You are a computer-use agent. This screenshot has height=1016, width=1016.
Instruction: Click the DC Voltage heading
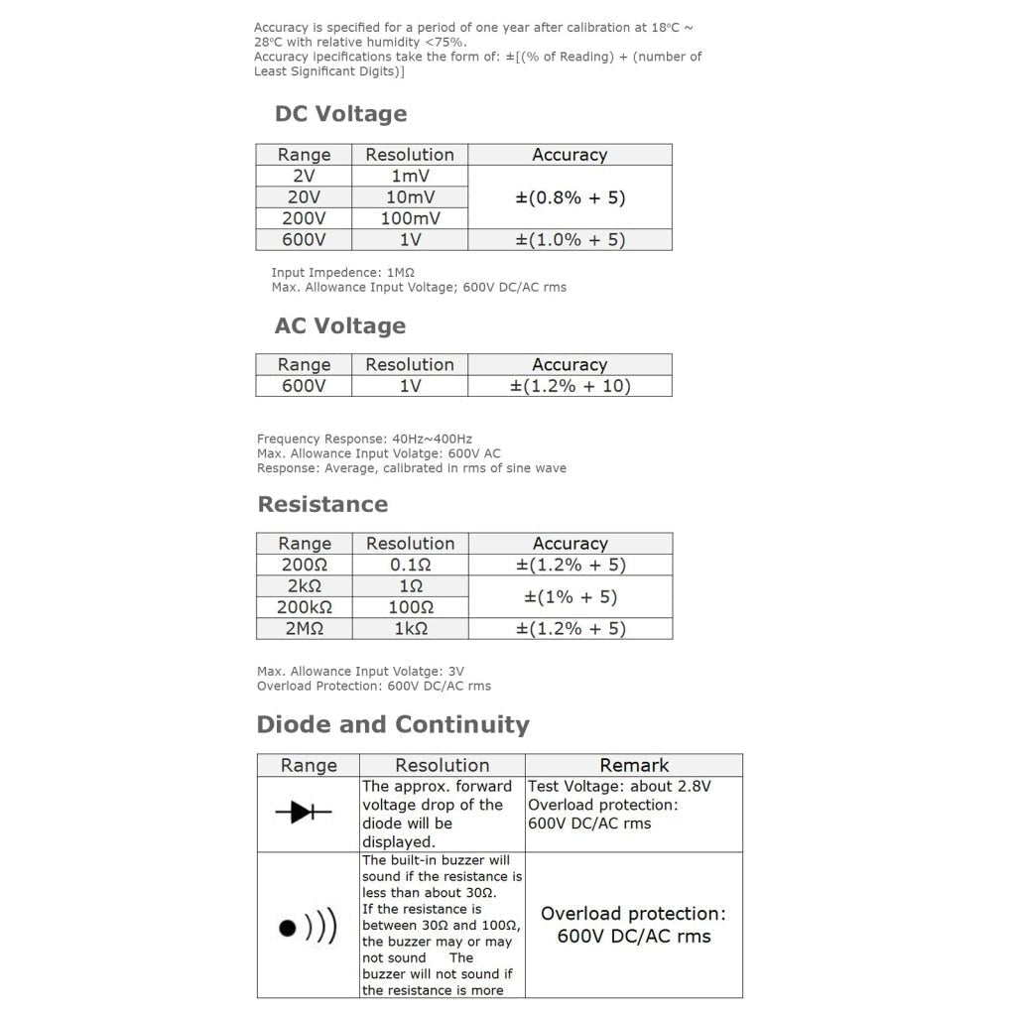340,114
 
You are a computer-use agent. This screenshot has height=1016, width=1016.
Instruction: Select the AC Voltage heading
340,326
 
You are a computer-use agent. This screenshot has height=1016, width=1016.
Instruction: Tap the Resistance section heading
322,504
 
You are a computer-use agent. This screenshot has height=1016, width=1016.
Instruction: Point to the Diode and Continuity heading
393,724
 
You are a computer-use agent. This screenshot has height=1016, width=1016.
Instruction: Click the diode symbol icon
309,814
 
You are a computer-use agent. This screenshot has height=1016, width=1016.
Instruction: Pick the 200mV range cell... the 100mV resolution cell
410,218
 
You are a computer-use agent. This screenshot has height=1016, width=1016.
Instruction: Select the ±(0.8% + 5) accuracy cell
570,197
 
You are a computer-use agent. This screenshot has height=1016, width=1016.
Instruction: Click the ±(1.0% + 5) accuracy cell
570,239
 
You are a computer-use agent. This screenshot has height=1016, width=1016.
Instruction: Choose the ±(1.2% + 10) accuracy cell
570,386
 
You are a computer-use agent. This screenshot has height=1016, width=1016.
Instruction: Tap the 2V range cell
304,176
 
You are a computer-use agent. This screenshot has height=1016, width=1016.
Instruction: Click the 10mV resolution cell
410,197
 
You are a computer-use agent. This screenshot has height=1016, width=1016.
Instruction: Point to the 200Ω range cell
305,565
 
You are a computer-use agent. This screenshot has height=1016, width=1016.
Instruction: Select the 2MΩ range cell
305,628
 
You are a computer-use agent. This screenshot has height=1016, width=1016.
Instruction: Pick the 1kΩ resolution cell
410,628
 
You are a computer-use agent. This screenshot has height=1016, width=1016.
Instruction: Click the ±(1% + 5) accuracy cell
570,596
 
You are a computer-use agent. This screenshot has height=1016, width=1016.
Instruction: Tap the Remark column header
634,765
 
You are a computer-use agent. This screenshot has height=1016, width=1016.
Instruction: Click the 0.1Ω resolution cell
410,565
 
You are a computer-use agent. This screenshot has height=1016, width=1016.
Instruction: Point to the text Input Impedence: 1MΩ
342,273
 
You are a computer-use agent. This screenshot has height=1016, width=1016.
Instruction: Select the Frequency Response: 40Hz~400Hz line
364,439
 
